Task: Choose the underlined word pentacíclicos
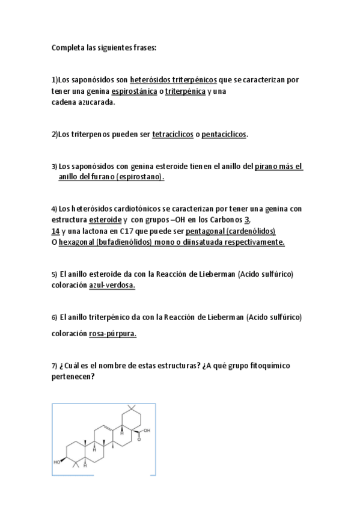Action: click(224, 134)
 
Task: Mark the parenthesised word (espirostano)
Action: click(140, 177)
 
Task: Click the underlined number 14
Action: click(55, 231)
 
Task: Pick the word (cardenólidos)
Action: click(251, 231)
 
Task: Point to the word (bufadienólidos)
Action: click(124, 242)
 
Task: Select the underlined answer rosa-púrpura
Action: click(112, 334)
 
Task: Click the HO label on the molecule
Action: click(58, 462)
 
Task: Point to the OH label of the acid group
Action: click(147, 430)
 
